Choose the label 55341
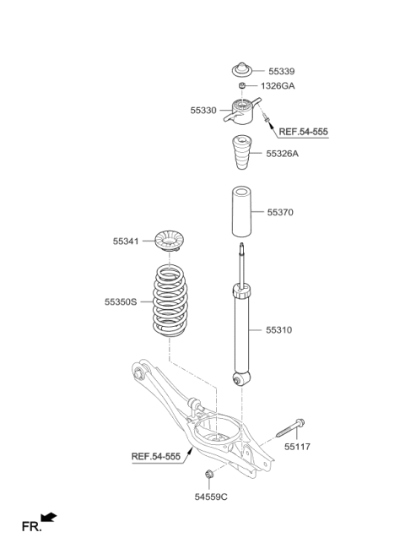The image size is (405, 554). [x=129, y=241]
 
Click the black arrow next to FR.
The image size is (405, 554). [x=49, y=516]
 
